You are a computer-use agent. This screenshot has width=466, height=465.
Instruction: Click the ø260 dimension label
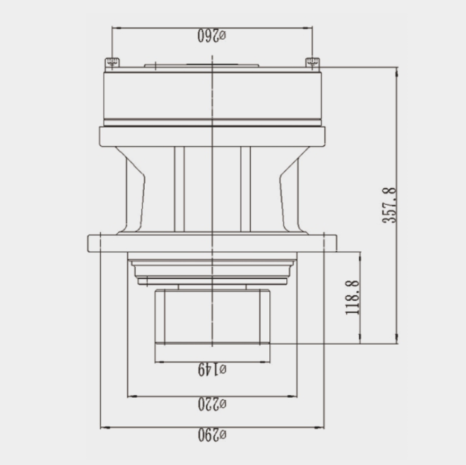[212, 36]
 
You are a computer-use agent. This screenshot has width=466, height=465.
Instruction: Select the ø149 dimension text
[212, 370]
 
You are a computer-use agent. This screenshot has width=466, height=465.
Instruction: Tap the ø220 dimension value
[212, 404]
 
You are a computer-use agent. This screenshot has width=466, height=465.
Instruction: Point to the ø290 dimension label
[212, 435]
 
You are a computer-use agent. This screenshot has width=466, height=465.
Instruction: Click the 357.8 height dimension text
[389, 205]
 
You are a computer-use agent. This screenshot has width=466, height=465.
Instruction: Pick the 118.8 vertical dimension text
[353, 297]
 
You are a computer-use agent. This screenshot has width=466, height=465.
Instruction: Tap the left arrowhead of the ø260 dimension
[117, 28]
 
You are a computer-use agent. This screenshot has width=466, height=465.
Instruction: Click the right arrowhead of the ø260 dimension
[307, 28]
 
